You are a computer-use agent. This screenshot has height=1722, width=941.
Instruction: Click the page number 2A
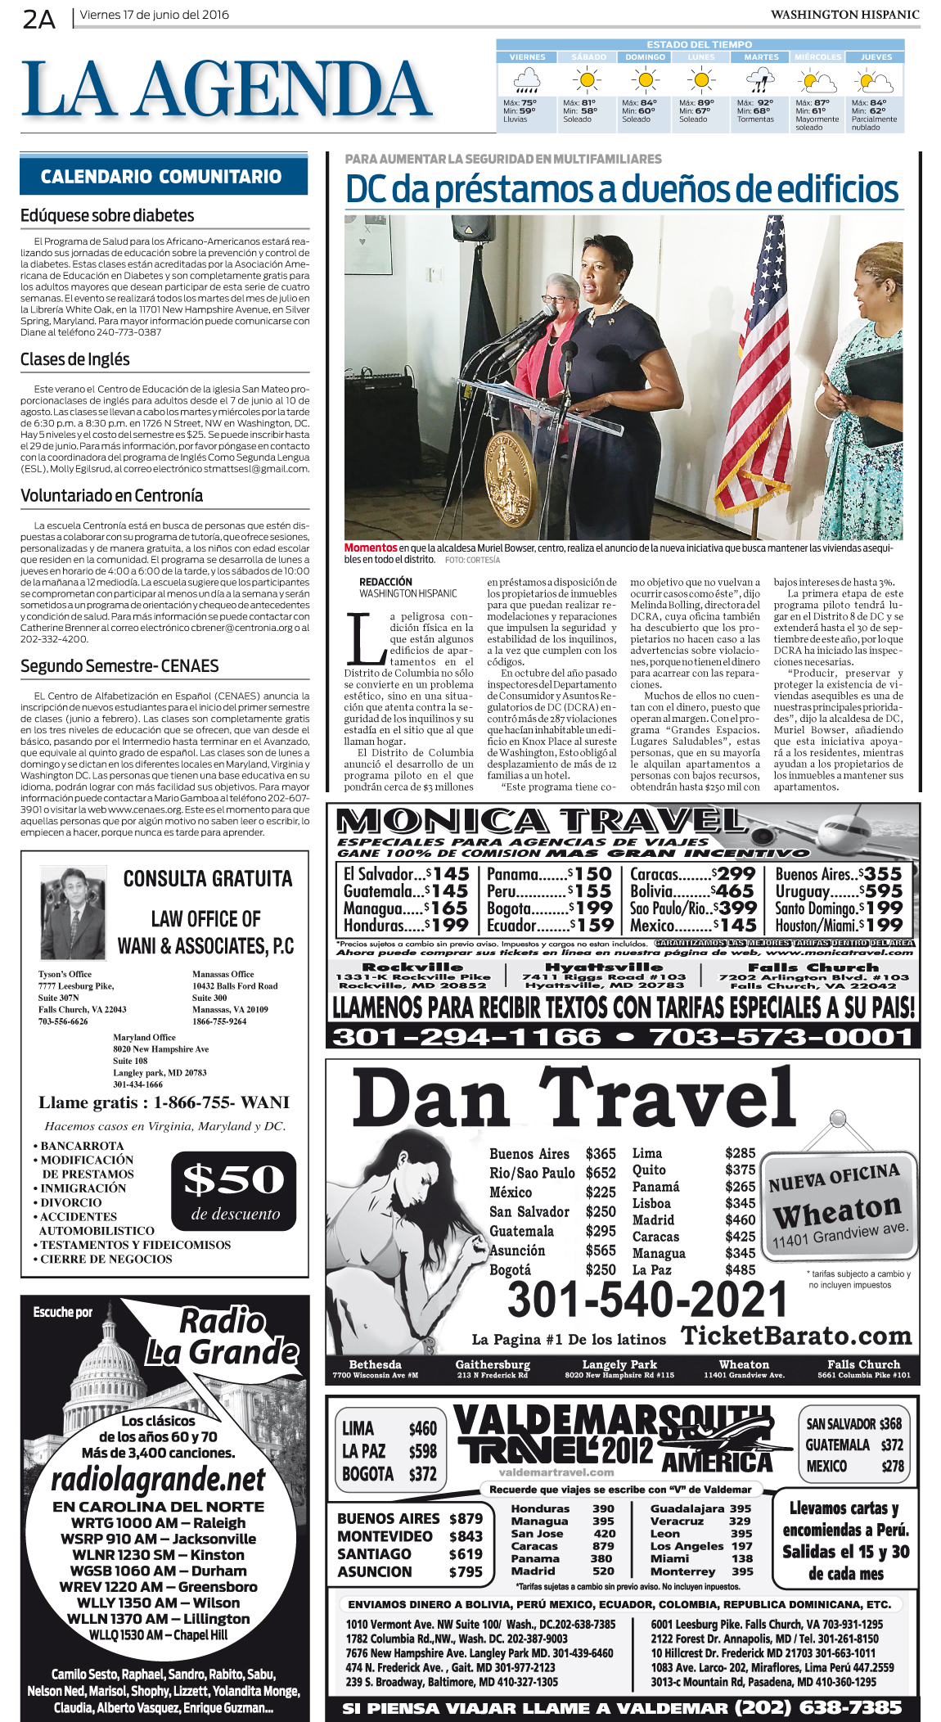[38, 18]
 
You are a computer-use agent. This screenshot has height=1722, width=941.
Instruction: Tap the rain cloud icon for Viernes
[526, 81]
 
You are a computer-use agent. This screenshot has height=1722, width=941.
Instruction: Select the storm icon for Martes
[760, 81]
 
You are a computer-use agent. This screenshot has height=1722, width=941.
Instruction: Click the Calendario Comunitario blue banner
[163, 177]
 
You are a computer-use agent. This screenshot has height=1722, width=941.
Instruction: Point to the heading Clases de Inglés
[75, 359]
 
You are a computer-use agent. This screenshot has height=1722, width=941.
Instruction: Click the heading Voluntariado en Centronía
[111, 495]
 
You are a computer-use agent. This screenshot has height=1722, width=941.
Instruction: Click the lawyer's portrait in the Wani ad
[74, 913]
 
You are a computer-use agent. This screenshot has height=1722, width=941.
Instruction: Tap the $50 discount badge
[234, 1191]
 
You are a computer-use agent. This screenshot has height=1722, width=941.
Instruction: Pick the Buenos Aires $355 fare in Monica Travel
[839, 874]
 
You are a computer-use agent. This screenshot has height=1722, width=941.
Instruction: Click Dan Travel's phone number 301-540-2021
[647, 1299]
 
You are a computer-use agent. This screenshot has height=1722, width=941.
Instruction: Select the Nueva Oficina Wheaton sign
[836, 1204]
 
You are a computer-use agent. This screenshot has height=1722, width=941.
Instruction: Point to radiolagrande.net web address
[158, 1480]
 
